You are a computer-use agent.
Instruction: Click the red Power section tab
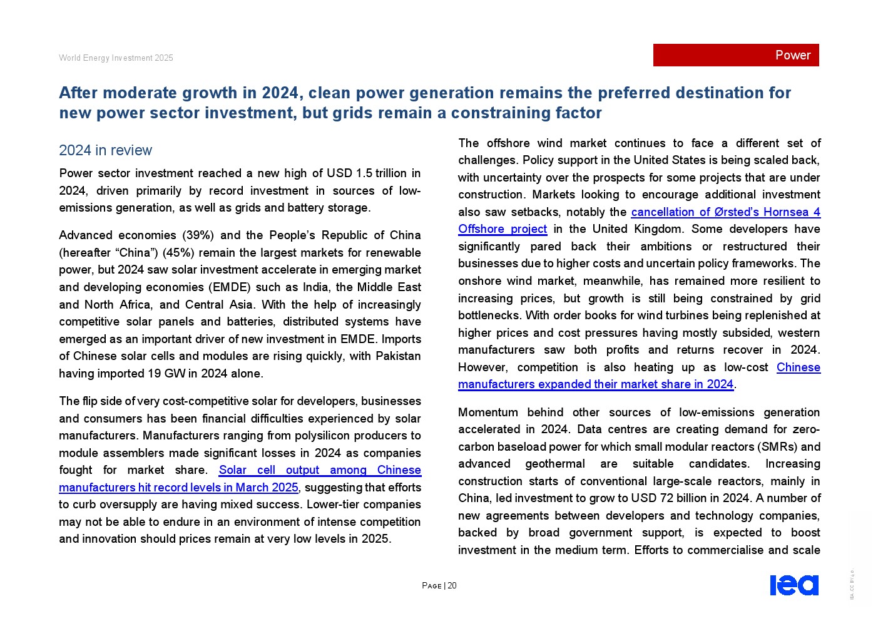[736, 55]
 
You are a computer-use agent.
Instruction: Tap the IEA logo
[794, 585]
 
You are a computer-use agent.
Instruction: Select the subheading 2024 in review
[105, 150]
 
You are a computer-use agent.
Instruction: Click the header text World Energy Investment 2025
[116, 58]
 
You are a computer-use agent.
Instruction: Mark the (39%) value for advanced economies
[198, 235]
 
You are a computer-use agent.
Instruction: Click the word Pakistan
[398, 356]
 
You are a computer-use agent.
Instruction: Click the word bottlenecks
[489, 316]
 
